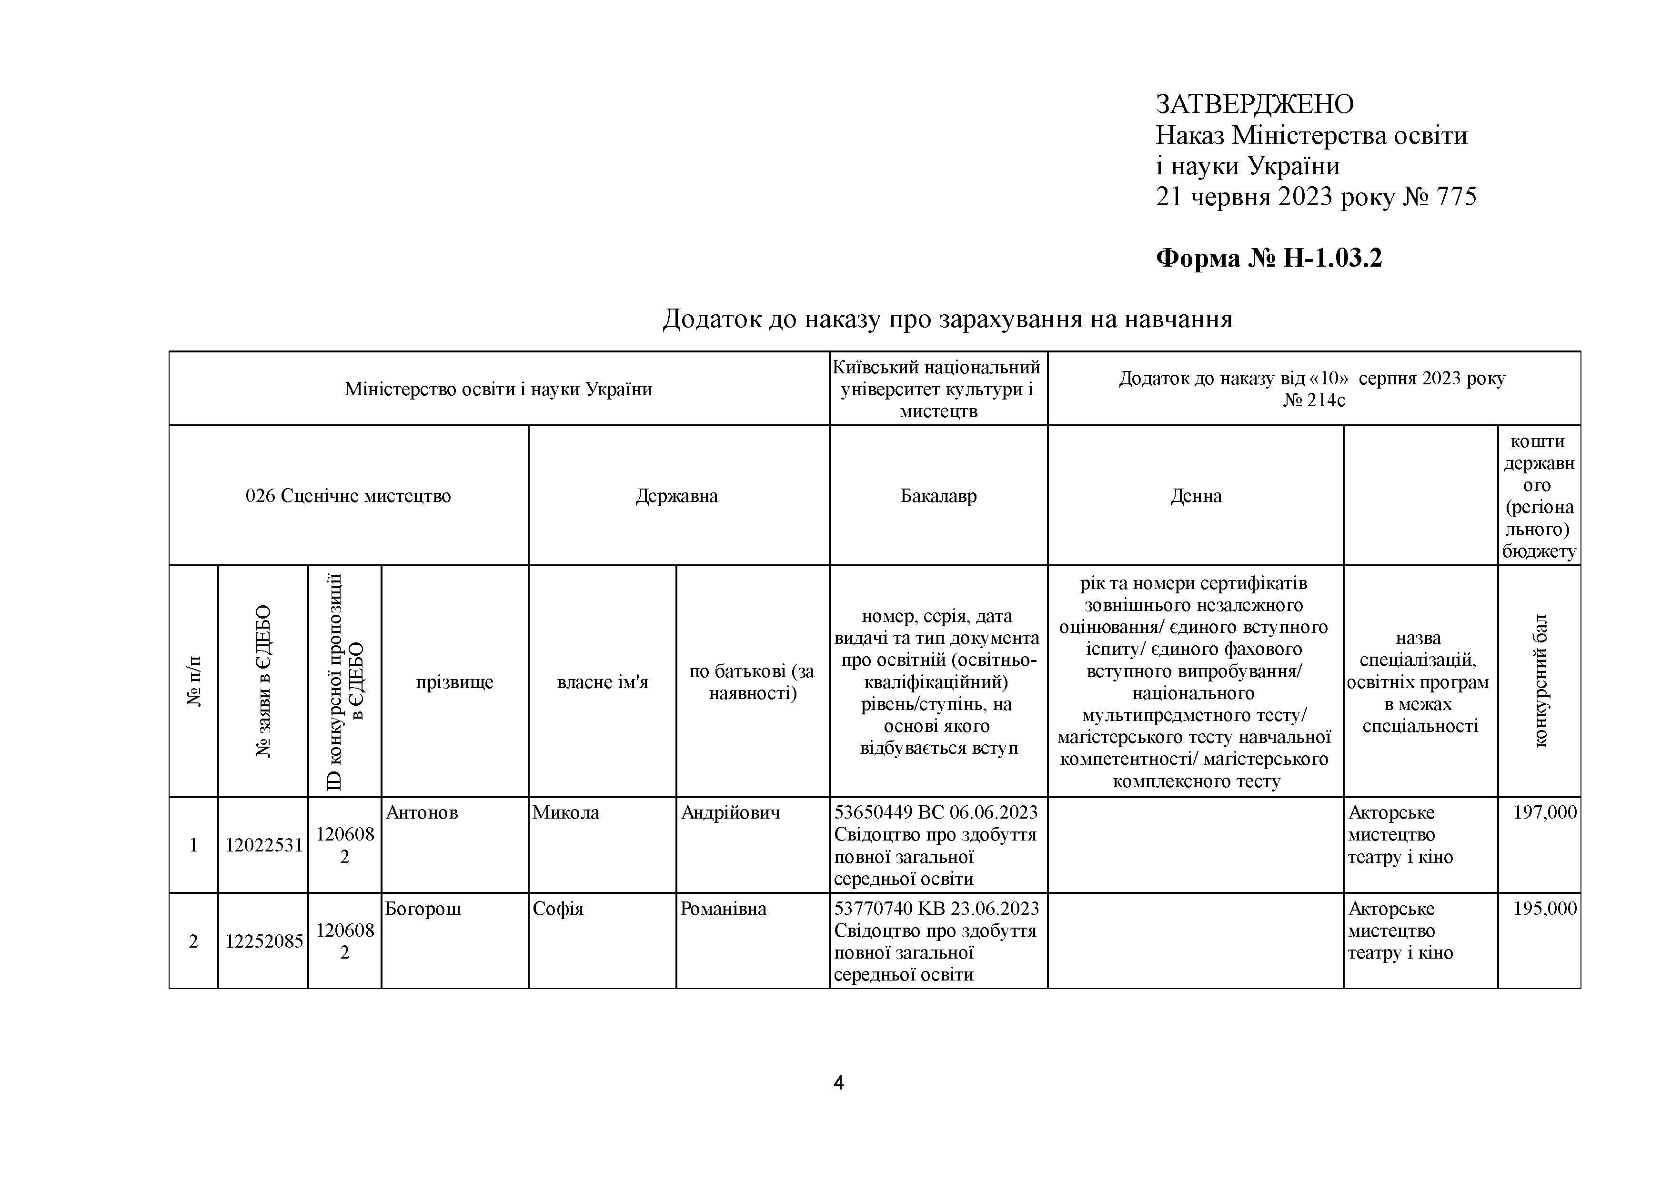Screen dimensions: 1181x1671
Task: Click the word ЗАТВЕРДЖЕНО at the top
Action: tap(1254, 105)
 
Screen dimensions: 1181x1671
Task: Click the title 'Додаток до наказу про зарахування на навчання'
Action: tap(947, 319)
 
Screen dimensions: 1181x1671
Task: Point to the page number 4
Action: tap(838, 1083)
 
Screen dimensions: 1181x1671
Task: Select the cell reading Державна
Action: tap(676, 496)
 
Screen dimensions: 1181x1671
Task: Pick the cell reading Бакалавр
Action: tap(938, 496)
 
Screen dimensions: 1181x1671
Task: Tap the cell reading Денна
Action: tap(1196, 496)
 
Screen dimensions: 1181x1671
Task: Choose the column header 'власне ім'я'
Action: tap(602, 682)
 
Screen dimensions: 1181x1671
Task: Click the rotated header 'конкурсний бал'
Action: tap(1540, 681)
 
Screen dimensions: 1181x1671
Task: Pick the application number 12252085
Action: tap(263, 941)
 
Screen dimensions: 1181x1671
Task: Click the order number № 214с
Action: tap(1314, 400)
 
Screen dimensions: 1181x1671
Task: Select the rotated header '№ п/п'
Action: tap(193, 681)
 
